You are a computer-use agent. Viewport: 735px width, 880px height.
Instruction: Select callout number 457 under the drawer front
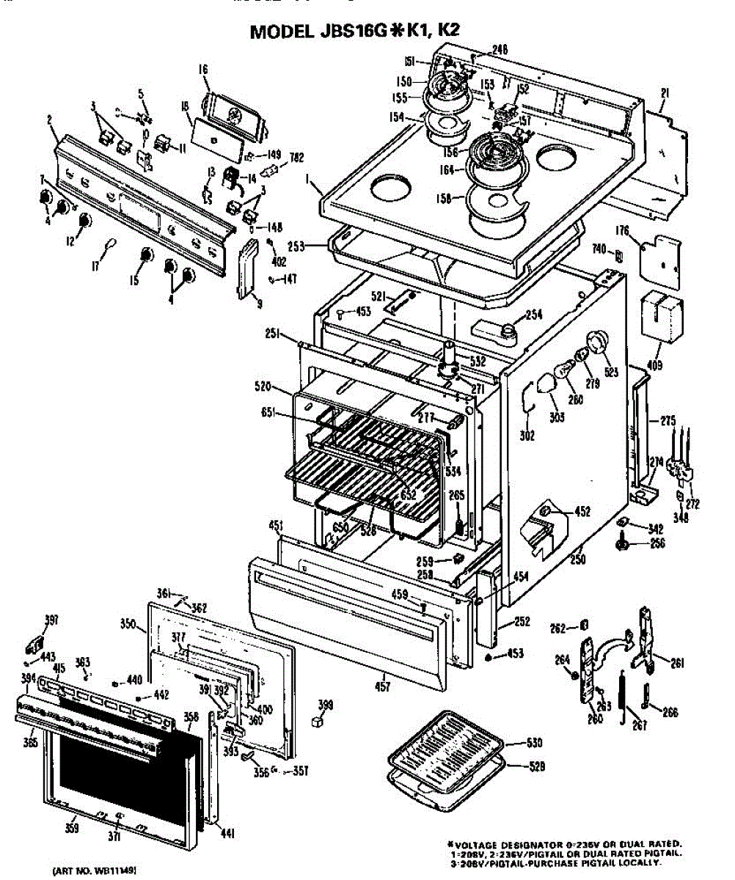click(382, 686)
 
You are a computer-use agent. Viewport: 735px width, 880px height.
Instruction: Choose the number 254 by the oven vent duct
click(533, 315)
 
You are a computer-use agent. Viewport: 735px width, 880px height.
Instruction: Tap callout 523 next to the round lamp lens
click(611, 372)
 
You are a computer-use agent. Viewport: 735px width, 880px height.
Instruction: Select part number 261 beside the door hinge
click(676, 664)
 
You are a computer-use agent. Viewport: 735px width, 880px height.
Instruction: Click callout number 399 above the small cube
click(324, 705)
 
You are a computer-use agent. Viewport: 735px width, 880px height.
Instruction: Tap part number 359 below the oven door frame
click(72, 829)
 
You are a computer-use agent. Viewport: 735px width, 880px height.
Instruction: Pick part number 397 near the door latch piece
click(51, 620)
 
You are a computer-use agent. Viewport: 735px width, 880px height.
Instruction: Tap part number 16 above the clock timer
click(202, 70)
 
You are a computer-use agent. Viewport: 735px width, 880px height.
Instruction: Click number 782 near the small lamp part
click(297, 155)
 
